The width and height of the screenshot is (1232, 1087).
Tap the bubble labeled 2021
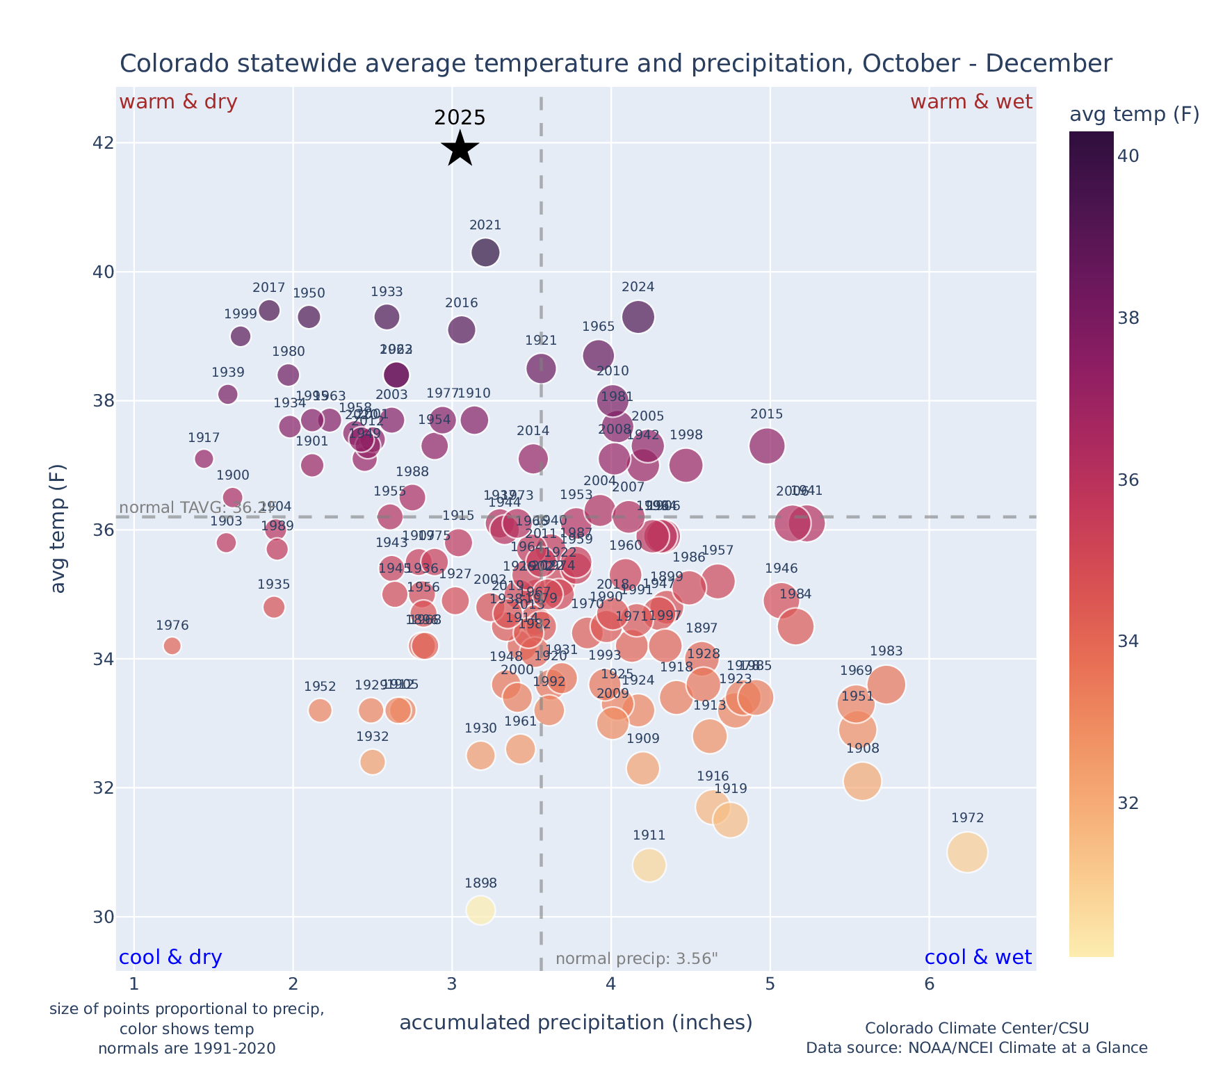point(485,252)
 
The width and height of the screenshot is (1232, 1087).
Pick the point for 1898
point(480,910)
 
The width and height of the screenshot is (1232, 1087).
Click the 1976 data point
point(172,646)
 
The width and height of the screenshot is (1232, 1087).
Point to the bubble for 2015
point(767,446)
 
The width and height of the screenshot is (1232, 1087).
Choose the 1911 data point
point(649,865)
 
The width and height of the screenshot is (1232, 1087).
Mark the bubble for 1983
point(886,685)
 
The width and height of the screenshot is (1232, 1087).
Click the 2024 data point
point(638,317)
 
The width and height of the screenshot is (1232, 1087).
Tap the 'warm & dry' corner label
point(179,102)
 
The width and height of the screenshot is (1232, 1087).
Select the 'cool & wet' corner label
point(978,958)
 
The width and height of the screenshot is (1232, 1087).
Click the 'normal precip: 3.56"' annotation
point(636,959)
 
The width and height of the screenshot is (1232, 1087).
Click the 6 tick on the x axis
point(929,985)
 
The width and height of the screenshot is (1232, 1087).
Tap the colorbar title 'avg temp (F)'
point(1134,115)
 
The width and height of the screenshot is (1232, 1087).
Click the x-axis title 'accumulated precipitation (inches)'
point(576,1022)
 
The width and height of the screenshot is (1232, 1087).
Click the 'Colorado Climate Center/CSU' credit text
point(977,1028)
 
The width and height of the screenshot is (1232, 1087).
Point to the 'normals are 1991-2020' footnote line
point(187,1048)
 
